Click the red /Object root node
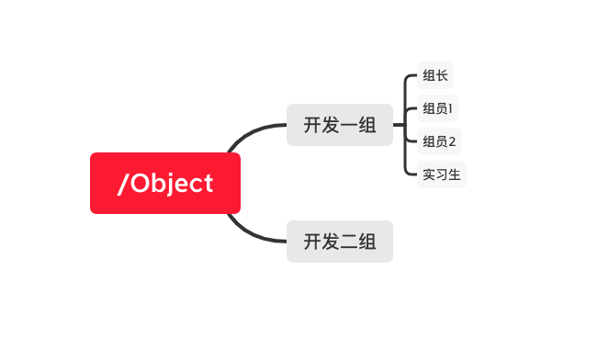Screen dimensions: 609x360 (165, 183)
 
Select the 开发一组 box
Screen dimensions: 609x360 (340, 125)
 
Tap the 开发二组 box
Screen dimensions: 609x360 (340, 242)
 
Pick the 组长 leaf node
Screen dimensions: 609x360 (435, 75)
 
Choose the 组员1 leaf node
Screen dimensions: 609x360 (437, 108)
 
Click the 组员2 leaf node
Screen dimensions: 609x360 (439, 141)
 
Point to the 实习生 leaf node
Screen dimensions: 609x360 (442, 174)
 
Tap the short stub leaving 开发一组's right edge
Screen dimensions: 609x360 (399, 125)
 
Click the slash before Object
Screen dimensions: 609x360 (123, 184)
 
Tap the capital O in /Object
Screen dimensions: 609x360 (141, 183)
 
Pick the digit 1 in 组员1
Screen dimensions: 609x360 (450, 108)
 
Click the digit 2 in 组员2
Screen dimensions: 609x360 (452, 141)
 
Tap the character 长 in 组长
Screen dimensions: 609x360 (442, 75)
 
